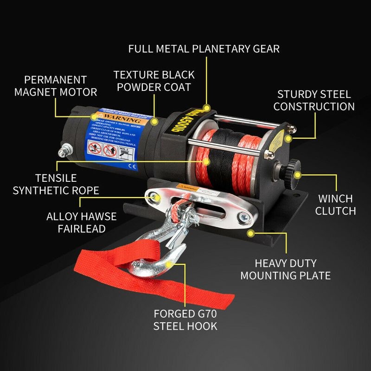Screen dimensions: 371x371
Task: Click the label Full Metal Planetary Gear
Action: [x=204, y=48]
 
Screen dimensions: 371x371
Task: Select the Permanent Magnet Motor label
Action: [x=56, y=86]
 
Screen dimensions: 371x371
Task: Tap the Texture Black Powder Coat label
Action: [x=154, y=81]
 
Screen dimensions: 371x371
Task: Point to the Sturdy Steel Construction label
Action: [x=314, y=101]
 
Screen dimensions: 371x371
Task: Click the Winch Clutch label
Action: [x=335, y=205]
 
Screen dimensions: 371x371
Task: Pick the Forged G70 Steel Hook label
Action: [x=185, y=320]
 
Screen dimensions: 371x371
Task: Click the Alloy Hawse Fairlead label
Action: [x=82, y=223]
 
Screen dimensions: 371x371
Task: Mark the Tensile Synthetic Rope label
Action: [x=56, y=184]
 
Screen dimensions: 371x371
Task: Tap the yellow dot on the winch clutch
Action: [x=298, y=175]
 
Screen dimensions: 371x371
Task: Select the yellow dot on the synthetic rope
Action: [x=207, y=161]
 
